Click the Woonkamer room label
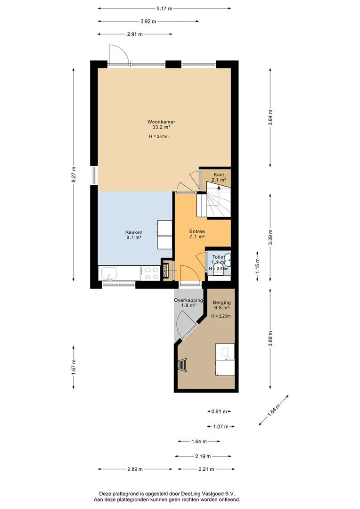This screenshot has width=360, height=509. [x=161, y=122]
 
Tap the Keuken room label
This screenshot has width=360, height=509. [x=134, y=232]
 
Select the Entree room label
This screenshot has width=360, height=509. [x=197, y=231]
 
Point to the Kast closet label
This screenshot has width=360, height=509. [x=219, y=175]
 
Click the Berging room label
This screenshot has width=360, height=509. [x=222, y=303]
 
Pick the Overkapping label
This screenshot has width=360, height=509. [x=188, y=300]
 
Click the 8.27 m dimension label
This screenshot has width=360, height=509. [x=74, y=175]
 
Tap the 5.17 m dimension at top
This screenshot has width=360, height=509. [x=164, y=8]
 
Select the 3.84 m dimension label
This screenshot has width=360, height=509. [x=270, y=118]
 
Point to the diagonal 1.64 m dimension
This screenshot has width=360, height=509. [x=274, y=410]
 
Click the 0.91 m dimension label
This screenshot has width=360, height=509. [x=219, y=411]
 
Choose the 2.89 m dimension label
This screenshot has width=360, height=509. [x=135, y=469]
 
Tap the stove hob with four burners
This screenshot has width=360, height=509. [x=150, y=273]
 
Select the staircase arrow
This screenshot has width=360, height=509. [x=219, y=194]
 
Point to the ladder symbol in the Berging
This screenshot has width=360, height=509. [x=182, y=365]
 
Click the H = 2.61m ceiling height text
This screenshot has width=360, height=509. [x=159, y=136]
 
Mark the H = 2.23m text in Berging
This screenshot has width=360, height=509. [x=221, y=316]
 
